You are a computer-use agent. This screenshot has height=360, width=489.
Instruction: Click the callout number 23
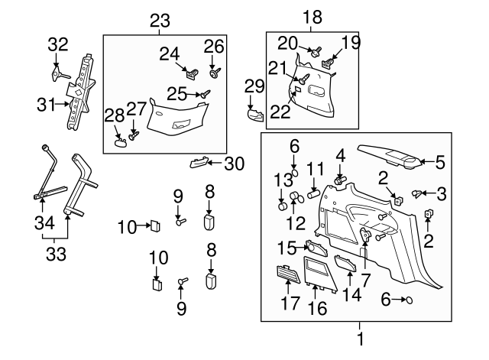[x=160, y=22]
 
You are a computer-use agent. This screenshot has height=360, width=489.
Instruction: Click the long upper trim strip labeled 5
[x=393, y=158]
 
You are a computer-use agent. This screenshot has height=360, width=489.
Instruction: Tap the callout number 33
[x=51, y=250]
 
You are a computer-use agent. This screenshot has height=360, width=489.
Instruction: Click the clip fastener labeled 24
[x=192, y=74]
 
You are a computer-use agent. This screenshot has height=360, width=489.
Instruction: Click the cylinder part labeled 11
[x=313, y=194]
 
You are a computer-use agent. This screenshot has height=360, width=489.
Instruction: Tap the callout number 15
[x=288, y=248]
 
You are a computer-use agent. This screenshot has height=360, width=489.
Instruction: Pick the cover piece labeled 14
[x=345, y=264]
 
